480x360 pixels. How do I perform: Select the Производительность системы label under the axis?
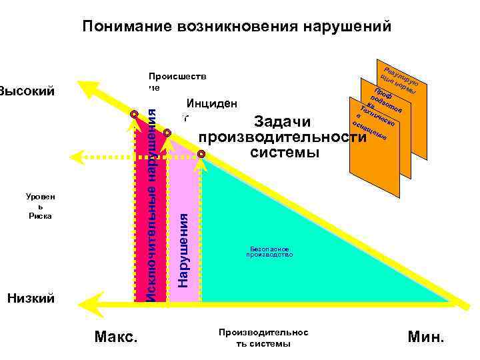point(263,338)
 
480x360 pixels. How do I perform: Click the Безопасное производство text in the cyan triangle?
point(269,252)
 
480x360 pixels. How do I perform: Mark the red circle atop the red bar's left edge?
point(134,115)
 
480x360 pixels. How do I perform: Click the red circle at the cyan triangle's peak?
point(201,155)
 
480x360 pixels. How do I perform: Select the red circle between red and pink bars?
point(167,133)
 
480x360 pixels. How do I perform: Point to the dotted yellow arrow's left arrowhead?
point(75,157)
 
